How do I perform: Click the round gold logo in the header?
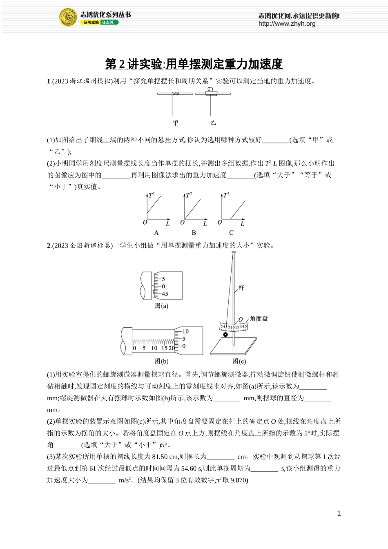click(68, 18)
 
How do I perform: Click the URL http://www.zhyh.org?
click(287, 24)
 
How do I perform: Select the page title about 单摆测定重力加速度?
click(194, 64)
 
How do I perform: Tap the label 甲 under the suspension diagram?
click(176, 123)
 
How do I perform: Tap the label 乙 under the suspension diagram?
click(213, 123)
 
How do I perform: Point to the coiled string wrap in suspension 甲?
click(176, 94)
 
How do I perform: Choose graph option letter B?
click(194, 232)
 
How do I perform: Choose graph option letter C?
click(231, 232)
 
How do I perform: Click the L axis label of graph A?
click(167, 224)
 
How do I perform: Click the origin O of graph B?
click(182, 222)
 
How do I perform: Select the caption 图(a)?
click(161, 306)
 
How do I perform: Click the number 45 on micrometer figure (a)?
click(165, 294)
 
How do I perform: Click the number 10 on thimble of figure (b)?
click(185, 331)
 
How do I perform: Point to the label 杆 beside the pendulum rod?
click(241, 288)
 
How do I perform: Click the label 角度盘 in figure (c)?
click(259, 319)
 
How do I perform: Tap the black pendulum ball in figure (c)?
click(225, 335)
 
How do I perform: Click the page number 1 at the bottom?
click(339, 513)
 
